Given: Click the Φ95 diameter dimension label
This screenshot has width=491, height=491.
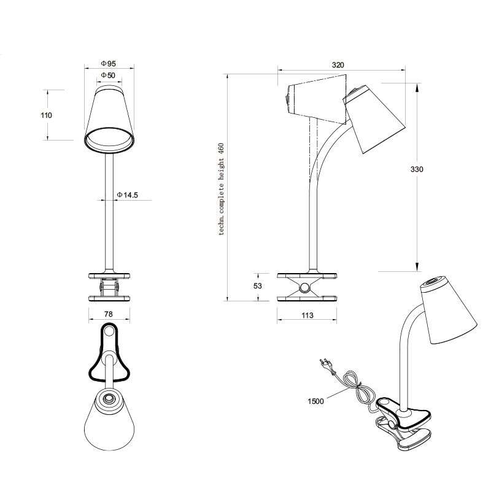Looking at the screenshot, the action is pos(109,64).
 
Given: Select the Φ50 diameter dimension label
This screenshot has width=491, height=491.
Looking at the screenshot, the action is pos(108,75).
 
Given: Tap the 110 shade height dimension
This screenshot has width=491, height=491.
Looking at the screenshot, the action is pos(46,115).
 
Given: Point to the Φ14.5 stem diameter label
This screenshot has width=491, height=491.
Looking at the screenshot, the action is pos(127,195).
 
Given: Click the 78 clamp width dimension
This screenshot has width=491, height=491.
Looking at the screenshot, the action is pos(108,314).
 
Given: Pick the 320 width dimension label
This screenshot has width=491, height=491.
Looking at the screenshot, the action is pos(338,65).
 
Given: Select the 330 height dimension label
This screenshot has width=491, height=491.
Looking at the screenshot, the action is pos(417,169).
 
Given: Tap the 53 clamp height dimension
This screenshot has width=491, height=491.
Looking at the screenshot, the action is pos(257,286).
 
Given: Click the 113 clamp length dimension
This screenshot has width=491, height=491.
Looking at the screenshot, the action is pos(307,315).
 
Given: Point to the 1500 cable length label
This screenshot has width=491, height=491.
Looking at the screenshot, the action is pos(315,401).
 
